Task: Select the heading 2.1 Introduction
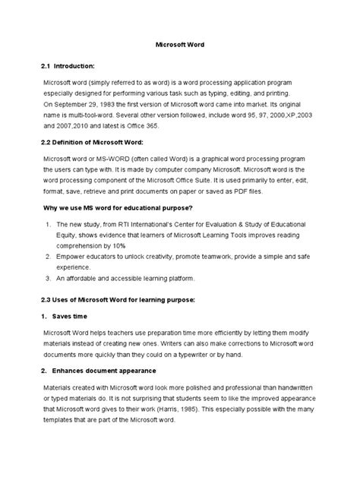click(x=74, y=67)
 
